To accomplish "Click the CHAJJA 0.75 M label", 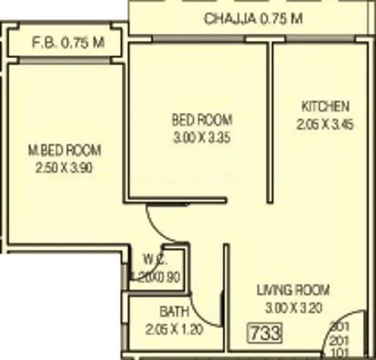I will [254, 19].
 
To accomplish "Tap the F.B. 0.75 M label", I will [68, 43].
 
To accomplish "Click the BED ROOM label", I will [202, 119].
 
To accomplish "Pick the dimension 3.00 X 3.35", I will [202, 138].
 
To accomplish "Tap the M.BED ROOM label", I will [64, 150].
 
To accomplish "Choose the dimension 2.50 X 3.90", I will [64, 168].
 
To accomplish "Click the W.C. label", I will [155, 261].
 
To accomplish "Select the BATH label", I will [174, 311].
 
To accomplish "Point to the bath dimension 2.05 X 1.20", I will [174, 329].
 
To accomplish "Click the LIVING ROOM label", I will [293, 291].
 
